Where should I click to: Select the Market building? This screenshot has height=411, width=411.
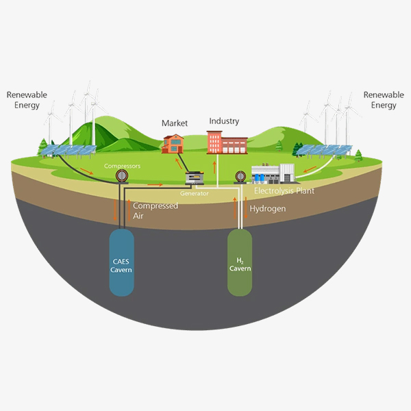tap(173, 143)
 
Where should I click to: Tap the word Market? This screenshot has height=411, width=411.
tap(174, 123)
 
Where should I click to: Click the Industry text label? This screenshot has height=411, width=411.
tap(224, 121)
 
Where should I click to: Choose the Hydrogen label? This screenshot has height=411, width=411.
tap(267, 208)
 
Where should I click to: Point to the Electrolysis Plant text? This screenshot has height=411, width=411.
tap(284, 191)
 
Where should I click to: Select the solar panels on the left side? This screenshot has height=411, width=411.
tap(73, 150)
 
